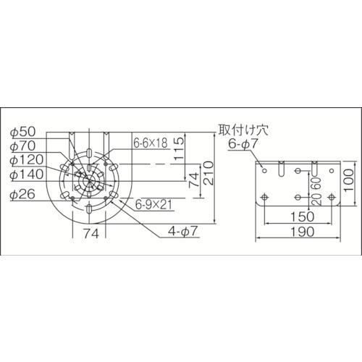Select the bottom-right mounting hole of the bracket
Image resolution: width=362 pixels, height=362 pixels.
331,195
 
